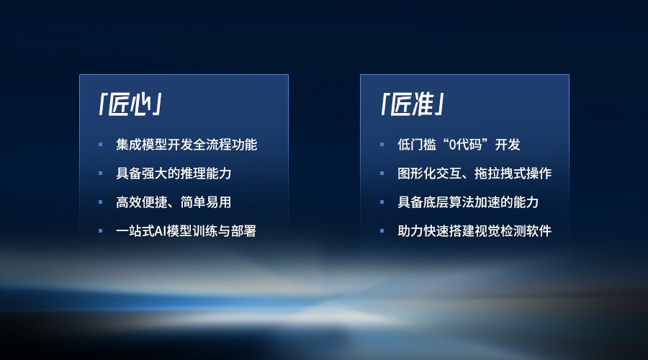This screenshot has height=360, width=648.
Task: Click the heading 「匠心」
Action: coord(130,104)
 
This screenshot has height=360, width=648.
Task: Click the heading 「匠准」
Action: coord(412,104)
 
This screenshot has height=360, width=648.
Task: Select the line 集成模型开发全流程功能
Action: coord(186,145)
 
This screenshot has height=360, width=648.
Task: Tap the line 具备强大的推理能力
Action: coord(174,174)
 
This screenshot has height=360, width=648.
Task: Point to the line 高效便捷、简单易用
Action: coord(174,202)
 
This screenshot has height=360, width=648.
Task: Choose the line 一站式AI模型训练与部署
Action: coord(186,230)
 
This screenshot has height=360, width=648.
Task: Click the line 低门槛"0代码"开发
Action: coord(459,145)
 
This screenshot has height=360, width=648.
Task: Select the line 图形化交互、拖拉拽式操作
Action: coord(474,174)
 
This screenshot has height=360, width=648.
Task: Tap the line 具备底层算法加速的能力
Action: coord(468,202)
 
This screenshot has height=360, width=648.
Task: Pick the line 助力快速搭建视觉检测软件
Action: coord(474,230)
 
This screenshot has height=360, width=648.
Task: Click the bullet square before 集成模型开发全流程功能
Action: coord(100,145)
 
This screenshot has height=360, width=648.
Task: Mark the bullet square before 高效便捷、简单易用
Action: coord(100,202)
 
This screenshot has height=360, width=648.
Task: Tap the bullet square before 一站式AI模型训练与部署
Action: coord(100,231)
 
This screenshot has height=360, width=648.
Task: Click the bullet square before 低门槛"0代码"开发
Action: coord(382,145)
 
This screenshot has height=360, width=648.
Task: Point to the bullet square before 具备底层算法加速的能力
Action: coord(382,202)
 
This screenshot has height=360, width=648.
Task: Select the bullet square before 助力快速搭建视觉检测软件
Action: coord(382,231)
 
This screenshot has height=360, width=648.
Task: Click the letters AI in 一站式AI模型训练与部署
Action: coord(160,231)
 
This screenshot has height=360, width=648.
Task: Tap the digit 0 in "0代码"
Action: coord(452,145)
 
